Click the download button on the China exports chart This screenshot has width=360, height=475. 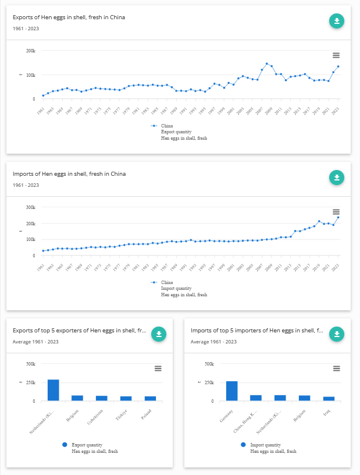(x=337, y=22)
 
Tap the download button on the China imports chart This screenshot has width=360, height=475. (x=337, y=178)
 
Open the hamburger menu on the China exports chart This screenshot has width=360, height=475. (x=336, y=55)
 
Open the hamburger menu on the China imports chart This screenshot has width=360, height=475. (x=336, y=212)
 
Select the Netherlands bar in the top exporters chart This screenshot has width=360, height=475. (x=54, y=390)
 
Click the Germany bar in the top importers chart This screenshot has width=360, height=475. (x=231, y=391)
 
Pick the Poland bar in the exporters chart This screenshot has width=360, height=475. (x=150, y=398)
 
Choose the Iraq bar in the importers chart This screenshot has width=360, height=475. (x=329, y=399)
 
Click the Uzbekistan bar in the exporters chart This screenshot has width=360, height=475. (x=102, y=398)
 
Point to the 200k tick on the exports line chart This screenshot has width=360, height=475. (x=30, y=51)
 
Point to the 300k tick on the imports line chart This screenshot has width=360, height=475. (x=30, y=207)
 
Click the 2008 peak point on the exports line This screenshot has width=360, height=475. (x=266, y=63)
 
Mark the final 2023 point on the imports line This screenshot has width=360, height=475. (x=338, y=217)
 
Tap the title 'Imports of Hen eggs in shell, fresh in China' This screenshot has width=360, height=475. (x=69, y=174)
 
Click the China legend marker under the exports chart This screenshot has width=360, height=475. (x=154, y=126)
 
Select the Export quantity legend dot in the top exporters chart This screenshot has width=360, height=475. (x=65, y=444)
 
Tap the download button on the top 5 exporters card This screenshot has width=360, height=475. (x=159, y=334)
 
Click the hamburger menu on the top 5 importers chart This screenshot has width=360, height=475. (x=336, y=368)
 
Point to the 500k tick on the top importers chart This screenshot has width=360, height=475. (x=208, y=364)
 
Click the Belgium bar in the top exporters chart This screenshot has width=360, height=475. (x=77, y=398)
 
